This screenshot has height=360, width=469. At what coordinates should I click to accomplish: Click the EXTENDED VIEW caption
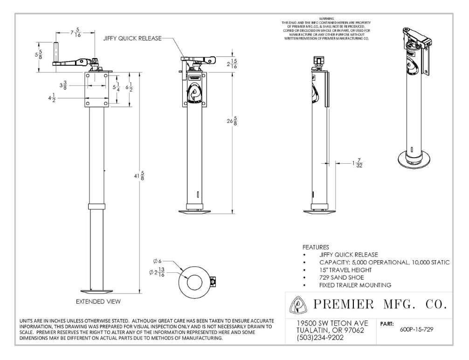point(98,302)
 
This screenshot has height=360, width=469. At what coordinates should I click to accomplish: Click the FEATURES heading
point(317,246)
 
